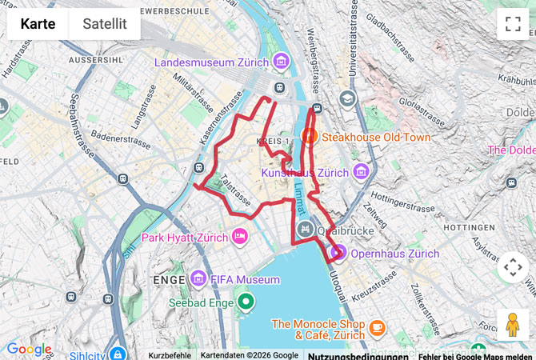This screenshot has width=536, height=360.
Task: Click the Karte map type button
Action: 38,24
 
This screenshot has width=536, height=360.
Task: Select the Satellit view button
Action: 105,24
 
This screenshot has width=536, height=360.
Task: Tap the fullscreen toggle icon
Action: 513,24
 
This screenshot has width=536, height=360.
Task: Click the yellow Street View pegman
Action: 513,325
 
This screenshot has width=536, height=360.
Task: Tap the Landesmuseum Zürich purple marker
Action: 281,62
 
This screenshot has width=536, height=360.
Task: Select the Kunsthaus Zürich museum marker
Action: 361,172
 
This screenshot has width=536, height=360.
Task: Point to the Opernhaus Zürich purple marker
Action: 338,254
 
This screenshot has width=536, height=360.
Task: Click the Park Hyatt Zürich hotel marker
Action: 239,238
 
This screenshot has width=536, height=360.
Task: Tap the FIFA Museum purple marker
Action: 199,279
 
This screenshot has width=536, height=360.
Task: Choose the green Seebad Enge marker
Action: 246,302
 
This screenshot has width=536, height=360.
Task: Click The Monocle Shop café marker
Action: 377,327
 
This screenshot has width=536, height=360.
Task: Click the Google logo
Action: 29,349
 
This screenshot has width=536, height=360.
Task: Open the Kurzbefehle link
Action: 170,355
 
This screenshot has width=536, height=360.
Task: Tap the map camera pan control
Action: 513,266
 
